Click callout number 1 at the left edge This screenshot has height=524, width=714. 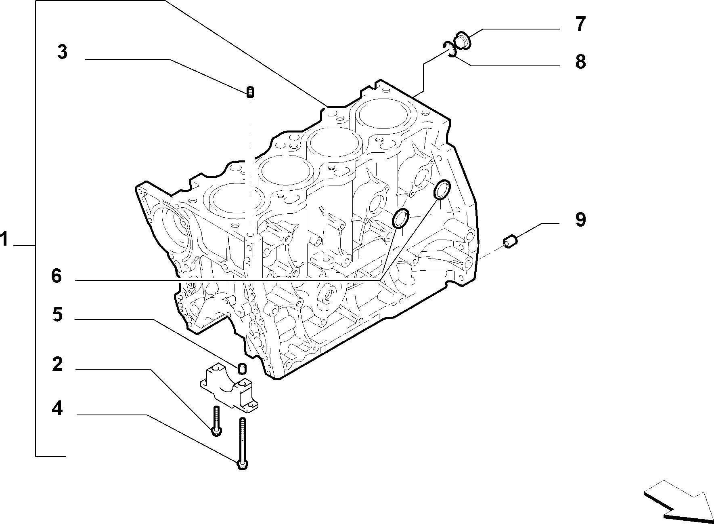[4, 239]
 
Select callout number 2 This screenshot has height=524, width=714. [58, 364]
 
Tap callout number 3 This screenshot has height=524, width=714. [62, 52]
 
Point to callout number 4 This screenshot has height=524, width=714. [57, 408]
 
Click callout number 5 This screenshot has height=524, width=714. [58, 314]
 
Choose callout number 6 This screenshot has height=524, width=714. [57, 276]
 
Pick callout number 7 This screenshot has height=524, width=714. [580, 24]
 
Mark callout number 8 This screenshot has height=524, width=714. [580, 62]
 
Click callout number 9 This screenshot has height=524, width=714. [580, 219]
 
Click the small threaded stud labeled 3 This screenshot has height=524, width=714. [250, 92]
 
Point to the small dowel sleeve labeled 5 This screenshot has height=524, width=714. [242, 368]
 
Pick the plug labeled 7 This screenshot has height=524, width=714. [462, 41]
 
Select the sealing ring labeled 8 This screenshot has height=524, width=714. [449, 49]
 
